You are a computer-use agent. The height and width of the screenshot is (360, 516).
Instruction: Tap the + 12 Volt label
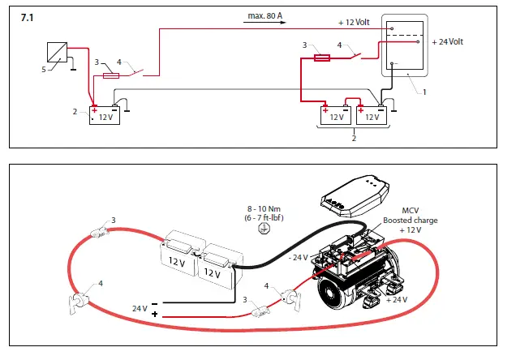point(354,22)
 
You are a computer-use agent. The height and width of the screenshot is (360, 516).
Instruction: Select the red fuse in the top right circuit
point(322,58)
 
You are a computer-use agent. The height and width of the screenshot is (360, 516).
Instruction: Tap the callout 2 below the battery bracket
point(353,138)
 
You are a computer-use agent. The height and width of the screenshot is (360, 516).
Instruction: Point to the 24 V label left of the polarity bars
point(139,308)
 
